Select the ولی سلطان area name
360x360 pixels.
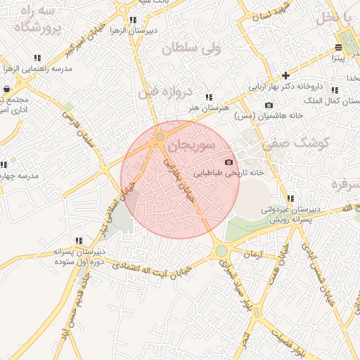[x=191, y=48]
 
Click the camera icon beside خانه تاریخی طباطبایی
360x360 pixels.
[x=228, y=162]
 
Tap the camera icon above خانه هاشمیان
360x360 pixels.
[x=269, y=105]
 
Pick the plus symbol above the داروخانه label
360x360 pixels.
[x=285, y=75]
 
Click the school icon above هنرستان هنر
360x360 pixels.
[x=209, y=97]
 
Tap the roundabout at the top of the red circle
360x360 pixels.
[x=160, y=136]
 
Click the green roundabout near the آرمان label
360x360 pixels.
[x=221, y=250]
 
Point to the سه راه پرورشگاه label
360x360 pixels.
[x=39, y=20]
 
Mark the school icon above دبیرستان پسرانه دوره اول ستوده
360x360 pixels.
[x=79, y=240]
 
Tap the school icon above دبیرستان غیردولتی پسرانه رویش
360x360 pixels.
[x=290, y=198]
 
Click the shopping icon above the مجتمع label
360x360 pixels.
[x=6, y=89]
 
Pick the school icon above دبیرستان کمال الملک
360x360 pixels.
[x=335, y=90]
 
